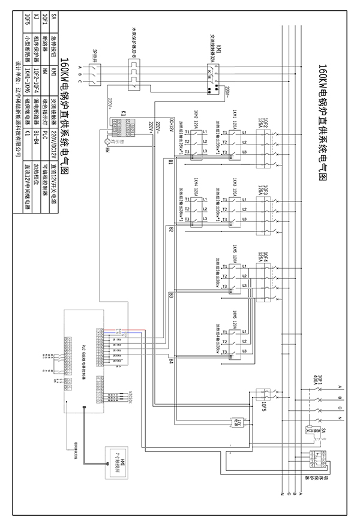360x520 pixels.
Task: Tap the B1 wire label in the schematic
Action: tap(170, 162)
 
